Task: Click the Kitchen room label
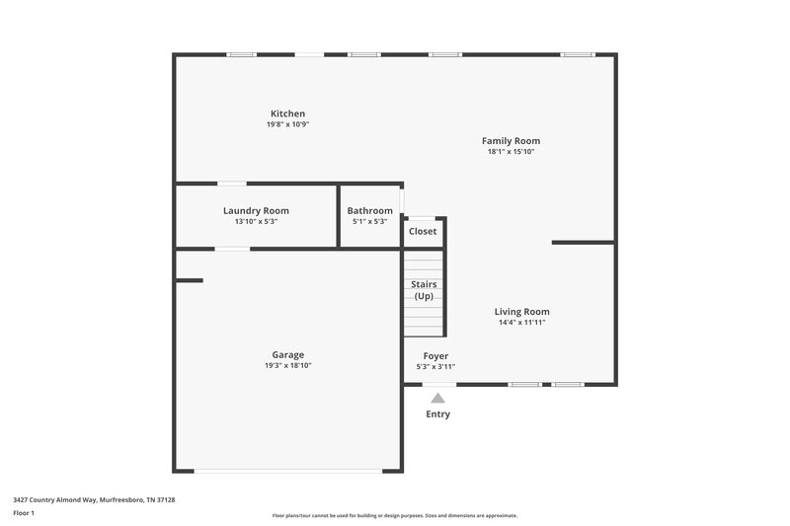288,113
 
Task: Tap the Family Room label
511,141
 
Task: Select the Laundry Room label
256,210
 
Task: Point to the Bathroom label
369,210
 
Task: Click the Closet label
423,231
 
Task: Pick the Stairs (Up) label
424,290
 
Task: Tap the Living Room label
521,312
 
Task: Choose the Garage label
288,354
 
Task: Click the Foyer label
435,355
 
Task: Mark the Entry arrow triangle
437,398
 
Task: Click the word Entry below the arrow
437,414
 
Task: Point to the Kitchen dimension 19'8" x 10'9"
288,124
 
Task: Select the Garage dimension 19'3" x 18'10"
288,365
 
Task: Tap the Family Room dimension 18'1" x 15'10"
511,152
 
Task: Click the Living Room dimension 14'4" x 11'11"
521,323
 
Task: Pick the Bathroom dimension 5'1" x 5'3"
369,221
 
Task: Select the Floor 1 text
24,513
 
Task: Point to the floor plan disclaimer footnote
394,515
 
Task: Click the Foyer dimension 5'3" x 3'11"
435,366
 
